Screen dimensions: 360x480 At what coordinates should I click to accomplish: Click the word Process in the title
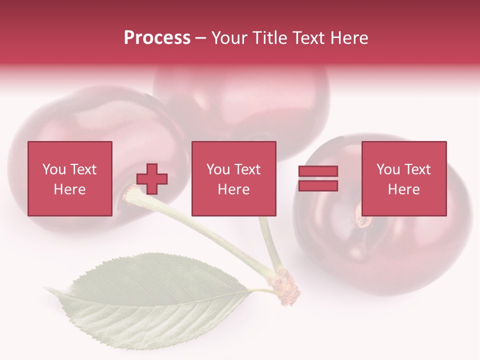157,38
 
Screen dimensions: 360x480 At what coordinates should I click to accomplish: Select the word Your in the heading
229,38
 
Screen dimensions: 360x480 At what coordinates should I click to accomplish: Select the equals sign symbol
318,178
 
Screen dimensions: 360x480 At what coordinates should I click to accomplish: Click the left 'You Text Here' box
70,178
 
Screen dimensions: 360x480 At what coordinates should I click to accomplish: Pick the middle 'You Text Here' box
234,178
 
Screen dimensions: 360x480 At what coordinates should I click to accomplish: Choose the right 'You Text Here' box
404,178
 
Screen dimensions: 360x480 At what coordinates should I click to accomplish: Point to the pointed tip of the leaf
46,288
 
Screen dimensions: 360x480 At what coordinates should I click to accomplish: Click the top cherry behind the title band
240,100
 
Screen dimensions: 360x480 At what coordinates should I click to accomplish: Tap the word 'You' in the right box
388,170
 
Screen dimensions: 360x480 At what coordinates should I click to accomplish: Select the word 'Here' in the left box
70,189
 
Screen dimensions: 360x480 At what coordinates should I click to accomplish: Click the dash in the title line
200,38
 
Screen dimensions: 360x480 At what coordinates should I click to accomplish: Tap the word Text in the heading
306,38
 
